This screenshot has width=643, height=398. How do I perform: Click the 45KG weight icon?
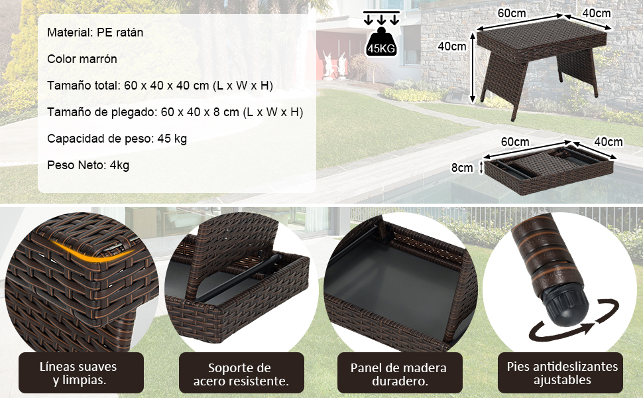(x=381, y=42)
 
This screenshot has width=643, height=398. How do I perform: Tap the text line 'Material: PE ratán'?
(x=95, y=33)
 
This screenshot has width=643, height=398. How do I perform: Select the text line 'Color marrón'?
(x=82, y=59)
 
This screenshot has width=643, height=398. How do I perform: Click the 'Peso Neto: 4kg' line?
(x=88, y=165)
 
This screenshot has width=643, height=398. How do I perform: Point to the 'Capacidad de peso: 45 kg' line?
(x=117, y=139)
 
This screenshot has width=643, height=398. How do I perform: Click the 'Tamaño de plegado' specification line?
(x=175, y=112)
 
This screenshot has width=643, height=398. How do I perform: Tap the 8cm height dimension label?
(x=462, y=168)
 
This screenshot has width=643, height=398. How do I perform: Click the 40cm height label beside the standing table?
(x=451, y=46)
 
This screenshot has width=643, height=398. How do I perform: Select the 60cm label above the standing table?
(x=512, y=13)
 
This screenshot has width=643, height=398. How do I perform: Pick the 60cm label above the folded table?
(x=515, y=142)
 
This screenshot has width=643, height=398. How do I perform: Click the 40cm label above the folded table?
(x=609, y=142)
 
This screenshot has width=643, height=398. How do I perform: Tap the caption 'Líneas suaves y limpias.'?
(x=78, y=373)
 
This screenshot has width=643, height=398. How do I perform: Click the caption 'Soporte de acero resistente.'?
(x=241, y=374)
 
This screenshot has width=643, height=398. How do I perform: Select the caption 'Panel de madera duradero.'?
(x=398, y=374)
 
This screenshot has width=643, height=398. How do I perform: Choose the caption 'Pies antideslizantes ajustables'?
(x=562, y=373)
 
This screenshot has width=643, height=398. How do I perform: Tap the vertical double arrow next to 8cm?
(x=482, y=168)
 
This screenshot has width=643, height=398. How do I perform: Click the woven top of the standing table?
(x=542, y=38)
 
